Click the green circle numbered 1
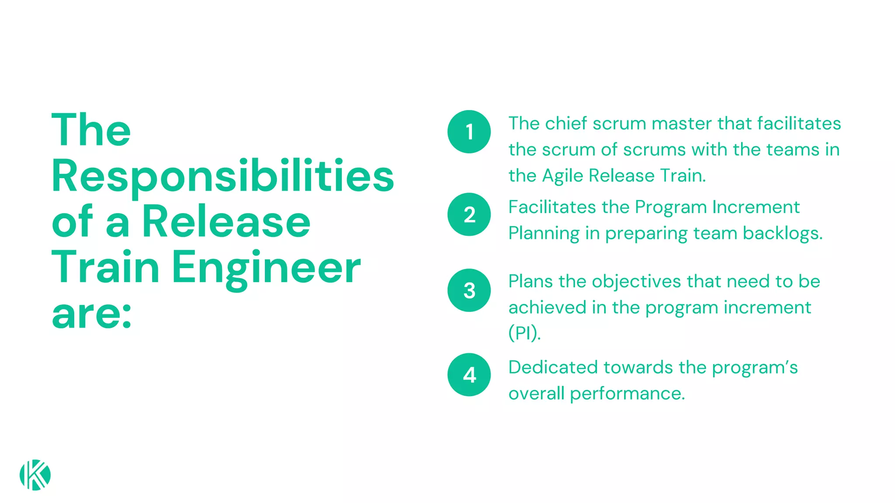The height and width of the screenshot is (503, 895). pyautogui.click(x=469, y=131)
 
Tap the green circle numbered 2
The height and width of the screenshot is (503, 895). pyautogui.click(x=469, y=214)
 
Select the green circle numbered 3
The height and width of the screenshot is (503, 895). pyautogui.click(x=469, y=290)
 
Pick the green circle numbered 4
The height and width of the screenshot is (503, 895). pyautogui.click(x=469, y=375)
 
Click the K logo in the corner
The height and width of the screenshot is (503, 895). pyautogui.click(x=35, y=475)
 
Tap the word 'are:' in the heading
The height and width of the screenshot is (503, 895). pyautogui.click(x=91, y=314)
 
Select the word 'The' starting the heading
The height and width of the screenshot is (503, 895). pyautogui.click(x=91, y=130)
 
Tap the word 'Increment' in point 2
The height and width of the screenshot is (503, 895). pyautogui.click(x=756, y=207)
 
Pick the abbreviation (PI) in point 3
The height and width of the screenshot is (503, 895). pyautogui.click(x=524, y=333)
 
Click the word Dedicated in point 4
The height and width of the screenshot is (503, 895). pyautogui.click(x=553, y=367)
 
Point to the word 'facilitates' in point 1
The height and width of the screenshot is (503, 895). pyautogui.click(x=799, y=124)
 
